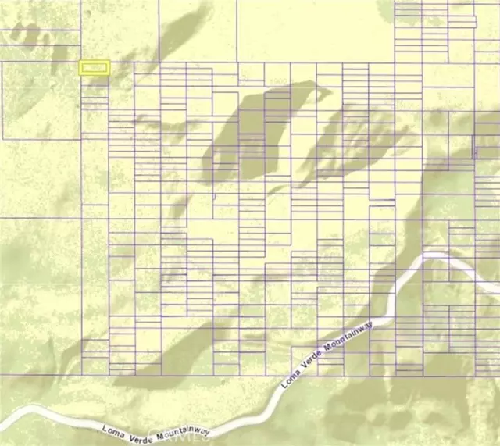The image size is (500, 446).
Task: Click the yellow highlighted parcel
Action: pos(95,69)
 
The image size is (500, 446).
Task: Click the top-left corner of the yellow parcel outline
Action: pos(80,63)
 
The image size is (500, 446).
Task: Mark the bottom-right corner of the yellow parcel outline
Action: pos(109,74)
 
